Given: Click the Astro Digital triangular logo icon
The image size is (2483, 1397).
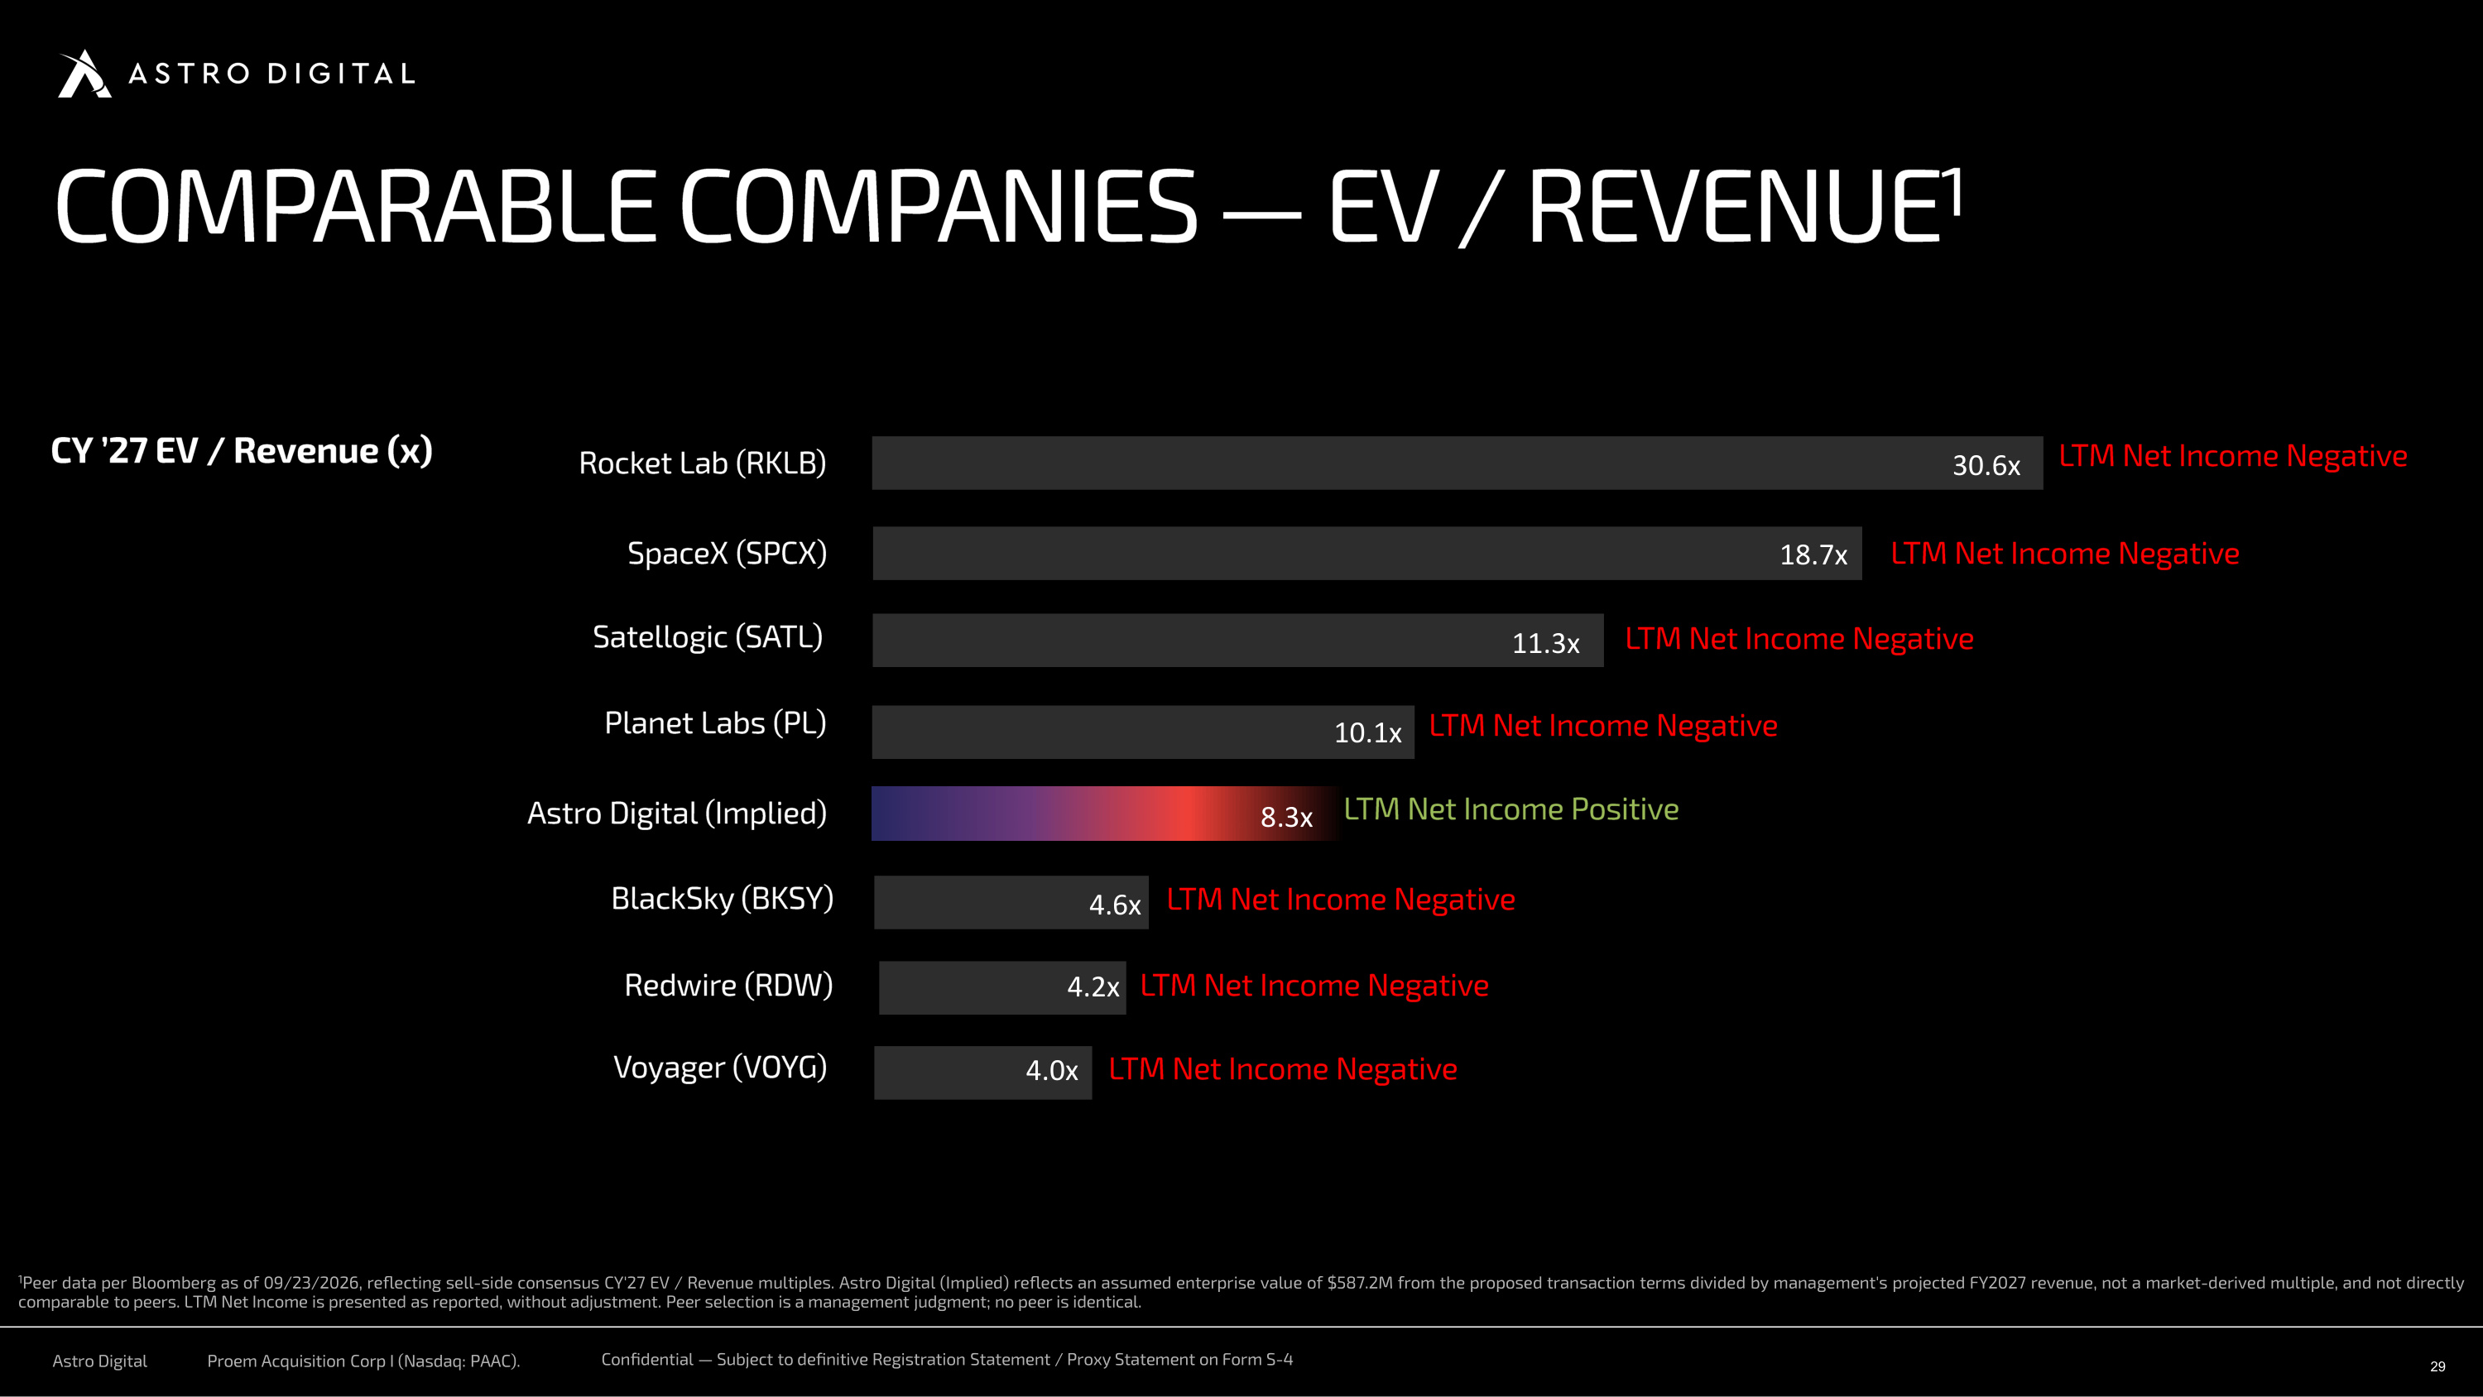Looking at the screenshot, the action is click(84, 74).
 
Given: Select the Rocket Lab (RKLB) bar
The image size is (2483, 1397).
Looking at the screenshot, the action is click(1458, 463).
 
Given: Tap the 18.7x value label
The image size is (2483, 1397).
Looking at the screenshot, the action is click(1813, 555).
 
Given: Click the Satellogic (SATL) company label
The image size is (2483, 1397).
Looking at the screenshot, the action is click(708, 637).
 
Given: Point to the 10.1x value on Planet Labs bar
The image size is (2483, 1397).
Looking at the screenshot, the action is click(1368, 732).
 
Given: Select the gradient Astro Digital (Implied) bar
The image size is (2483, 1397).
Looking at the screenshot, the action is click(1106, 814).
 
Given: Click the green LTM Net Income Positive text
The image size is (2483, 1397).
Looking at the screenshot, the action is click(1511, 809).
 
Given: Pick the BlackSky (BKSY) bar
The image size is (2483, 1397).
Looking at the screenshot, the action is click(1011, 902).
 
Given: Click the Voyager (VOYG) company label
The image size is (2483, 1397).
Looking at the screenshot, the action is click(720, 1068).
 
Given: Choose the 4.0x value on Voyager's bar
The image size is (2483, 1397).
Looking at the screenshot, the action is click(1052, 1070).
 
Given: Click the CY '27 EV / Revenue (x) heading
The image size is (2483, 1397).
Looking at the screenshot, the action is click(242, 451).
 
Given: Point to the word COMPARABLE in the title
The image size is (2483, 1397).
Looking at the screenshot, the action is click(356, 206).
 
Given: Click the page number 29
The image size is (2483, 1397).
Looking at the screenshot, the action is click(2437, 1366).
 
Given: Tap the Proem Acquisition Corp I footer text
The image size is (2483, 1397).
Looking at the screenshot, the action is click(363, 1361).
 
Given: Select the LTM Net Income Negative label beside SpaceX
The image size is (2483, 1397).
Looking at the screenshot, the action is click(2065, 554).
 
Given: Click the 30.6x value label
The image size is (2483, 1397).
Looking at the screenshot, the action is click(1986, 466).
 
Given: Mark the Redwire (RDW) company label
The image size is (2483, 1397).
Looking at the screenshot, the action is click(728, 986).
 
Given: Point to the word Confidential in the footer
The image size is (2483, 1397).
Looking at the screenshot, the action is click(646, 1360).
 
